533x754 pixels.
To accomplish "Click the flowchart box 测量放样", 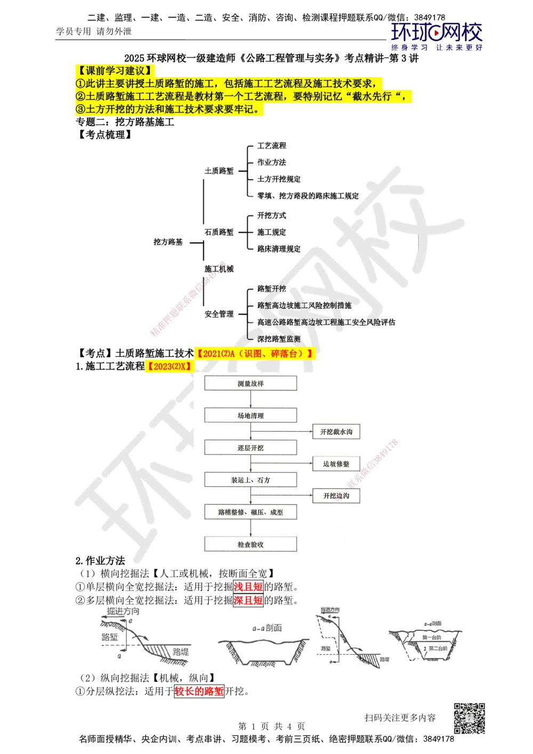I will click(x=251, y=383).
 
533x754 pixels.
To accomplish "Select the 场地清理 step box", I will click(x=251, y=415).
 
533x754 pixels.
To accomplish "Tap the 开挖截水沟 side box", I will click(x=336, y=431).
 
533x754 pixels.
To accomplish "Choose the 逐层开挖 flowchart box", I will click(x=251, y=447).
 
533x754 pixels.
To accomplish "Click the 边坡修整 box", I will click(x=336, y=464).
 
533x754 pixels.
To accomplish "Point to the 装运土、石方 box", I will click(x=251, y=480).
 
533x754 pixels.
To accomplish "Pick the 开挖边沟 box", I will click(x=336, y=496).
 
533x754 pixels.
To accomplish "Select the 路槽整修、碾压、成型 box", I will click(x=251, y=512).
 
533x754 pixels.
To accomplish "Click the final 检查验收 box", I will click(x=251, y=544).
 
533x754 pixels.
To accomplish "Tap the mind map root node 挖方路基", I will click(x=168, y=242).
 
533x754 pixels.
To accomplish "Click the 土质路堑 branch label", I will click(x=219, y=171).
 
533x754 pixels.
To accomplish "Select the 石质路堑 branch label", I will click(x=219, y=232).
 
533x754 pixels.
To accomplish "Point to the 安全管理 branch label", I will click(x=219, y=314).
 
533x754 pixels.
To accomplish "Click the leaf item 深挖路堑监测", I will click(x=278, y=339).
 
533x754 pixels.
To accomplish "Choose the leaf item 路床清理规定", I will click(x=279, y=248).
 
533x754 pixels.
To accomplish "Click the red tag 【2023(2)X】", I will click(x=168, y=366).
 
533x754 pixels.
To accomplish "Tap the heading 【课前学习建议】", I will click(x=115, y=70).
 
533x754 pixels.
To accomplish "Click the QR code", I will click(x=469, y=718).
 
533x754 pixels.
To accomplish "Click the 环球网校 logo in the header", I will click(x=437, y=35).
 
